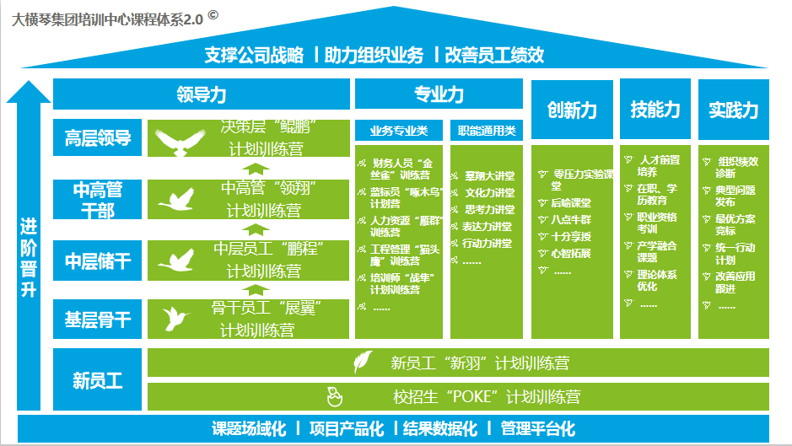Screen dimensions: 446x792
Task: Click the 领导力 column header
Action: (x=201, y=94)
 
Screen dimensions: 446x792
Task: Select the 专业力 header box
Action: (x=439, y=94)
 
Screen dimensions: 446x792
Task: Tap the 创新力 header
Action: (x=571, y=110)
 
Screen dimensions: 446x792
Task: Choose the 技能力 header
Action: (x=655, y=110)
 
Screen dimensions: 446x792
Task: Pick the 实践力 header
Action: (x=733, y=110)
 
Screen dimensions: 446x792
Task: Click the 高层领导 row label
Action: (x=98, y=138)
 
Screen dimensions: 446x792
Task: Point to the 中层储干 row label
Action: (x=98, y=261)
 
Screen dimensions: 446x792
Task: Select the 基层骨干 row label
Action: (x=98, y=320)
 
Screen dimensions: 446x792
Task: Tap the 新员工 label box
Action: (x=98, y=380)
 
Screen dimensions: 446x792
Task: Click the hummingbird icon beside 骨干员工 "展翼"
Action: (x=177, y=319)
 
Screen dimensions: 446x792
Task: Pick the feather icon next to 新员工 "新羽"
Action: (x=362, y=363)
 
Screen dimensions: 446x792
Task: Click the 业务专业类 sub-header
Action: (x=399, y=131)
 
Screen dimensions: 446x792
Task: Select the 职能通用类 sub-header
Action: (x=487, y=131)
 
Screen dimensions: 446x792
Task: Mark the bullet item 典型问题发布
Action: (x=735, y=196)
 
